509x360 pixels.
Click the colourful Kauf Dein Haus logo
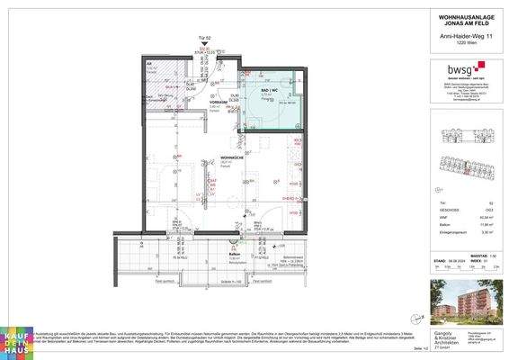pos(20,338)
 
